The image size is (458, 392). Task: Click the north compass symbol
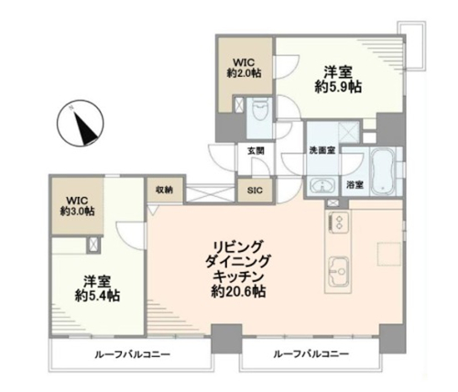[81, 124]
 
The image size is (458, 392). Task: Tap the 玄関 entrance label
[256, 150]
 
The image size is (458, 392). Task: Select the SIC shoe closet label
[255, 191]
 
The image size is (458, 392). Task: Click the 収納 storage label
[164, 190]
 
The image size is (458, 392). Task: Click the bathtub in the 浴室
[383, 171]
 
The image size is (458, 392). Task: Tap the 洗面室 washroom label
[322, 150]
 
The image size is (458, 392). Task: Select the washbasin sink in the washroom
[322, 185]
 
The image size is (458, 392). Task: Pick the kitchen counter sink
[338, 271]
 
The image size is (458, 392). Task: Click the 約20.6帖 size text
[238, 292]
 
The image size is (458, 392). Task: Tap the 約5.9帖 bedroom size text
[338, 87]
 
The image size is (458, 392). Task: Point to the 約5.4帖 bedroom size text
[97, 296]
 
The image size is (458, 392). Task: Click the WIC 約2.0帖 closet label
[244, 68]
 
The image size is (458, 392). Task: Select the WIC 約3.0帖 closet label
[77, 206]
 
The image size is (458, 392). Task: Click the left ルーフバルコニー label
[133, 354]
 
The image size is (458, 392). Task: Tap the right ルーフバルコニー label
[311, 354]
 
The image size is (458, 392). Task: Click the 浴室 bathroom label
[354, 184]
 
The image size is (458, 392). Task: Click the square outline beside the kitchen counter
[389, 254]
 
